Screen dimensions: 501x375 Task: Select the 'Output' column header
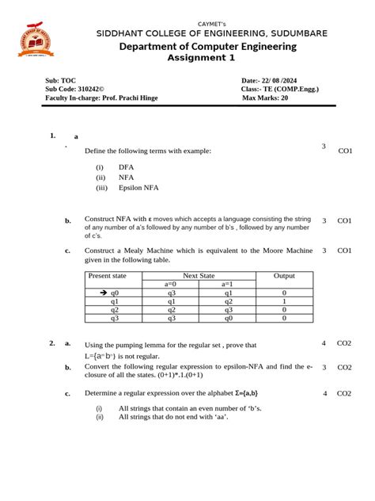[x=284, y=275]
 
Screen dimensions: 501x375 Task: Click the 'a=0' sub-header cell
[x=171, y=284]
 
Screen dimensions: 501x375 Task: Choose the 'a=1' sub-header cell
[x=227, y=284]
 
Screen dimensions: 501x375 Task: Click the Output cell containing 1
[x=284, y=301]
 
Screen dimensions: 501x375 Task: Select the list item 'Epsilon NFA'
[x=138, y=189]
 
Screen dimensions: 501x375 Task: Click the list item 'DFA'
[x=127, y=168]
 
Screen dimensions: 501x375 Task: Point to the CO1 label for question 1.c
[x=345, y=250]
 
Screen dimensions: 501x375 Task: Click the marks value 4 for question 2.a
[x=324, y=343]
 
